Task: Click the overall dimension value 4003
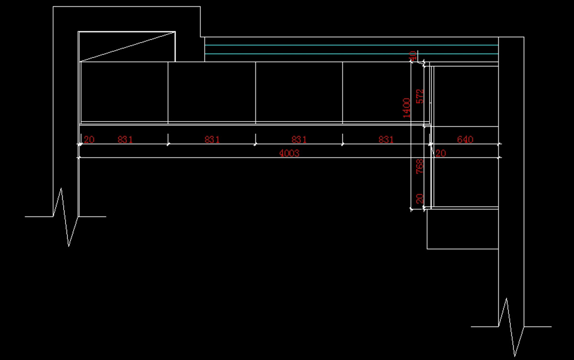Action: [x=289, y=153]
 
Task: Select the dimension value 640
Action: [x=465, y=140]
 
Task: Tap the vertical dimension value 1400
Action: [x=407, y=108]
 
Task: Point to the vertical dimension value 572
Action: [x=420, y=96]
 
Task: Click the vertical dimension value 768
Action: [x=419, y=166]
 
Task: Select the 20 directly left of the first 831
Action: [x=89, y=140]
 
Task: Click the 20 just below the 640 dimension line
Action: [x=441, y=153]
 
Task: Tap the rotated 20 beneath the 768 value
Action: [x=419, y=199]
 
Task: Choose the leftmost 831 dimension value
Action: [x=125, y=140]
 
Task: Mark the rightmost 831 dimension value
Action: [x=386, y=140]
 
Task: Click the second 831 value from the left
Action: [x=212, y=140]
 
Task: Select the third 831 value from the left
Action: [x=299, y=140]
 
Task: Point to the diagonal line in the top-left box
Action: [x=127, y=47]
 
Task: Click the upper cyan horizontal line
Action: [x=351, y=45]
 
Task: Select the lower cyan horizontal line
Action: [x=351, y=54]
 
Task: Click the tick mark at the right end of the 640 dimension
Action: [x=498, y=144]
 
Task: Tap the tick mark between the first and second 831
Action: [x=168, y=144]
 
